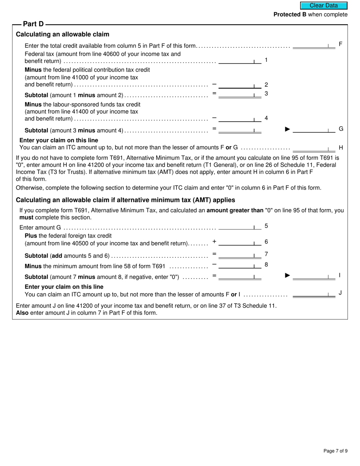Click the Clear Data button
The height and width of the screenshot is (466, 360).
[324, 6]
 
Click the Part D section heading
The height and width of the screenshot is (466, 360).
[33, 24]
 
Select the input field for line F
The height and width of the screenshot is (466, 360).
[314, 45]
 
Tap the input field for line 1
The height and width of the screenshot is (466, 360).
[239, 60]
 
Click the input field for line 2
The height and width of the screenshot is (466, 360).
[239, 85]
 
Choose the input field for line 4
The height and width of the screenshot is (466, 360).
[239, 118]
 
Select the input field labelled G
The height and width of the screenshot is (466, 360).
[314, 129]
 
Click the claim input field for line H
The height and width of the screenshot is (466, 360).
[314, 148]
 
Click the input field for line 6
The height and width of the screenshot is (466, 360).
[239, 242]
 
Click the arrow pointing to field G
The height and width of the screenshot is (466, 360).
[288, 129]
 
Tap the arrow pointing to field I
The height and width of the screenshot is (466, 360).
[288, 275]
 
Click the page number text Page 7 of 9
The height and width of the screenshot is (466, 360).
[335, 451]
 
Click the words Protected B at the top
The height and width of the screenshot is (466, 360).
[290, 15]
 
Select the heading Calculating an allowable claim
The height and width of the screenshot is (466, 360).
[63, 34]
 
